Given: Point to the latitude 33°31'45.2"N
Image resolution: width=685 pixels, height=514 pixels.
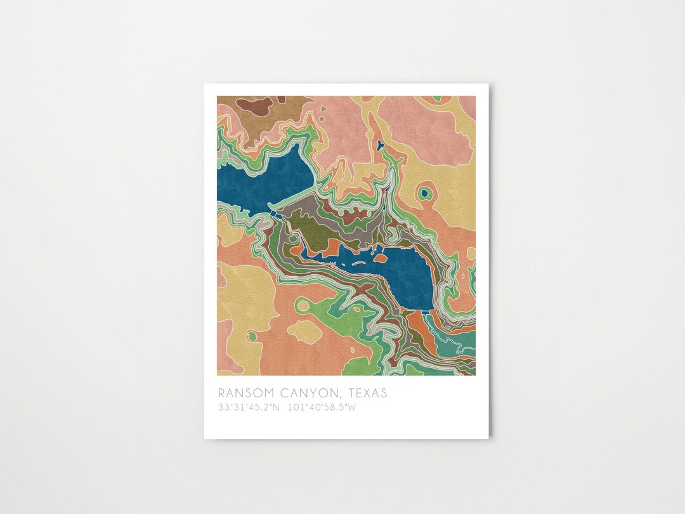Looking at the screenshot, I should pyautogui.click(x=249, y=407).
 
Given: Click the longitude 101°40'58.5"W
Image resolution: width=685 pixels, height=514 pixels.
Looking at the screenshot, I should pyautogui.click(x=322, y=407).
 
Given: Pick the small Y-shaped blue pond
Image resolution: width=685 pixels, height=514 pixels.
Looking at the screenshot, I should pyautogui.click(x=379, y=146).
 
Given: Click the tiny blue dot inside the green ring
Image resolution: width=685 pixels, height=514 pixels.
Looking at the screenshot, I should pyautogui.click(x=424, y=193).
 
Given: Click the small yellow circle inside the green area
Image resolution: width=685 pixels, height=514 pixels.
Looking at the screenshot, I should pyautogui.click(x=303, y=306).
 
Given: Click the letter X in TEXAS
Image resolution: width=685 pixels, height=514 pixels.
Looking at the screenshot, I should pyautogui.click(x=365, y=393).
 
